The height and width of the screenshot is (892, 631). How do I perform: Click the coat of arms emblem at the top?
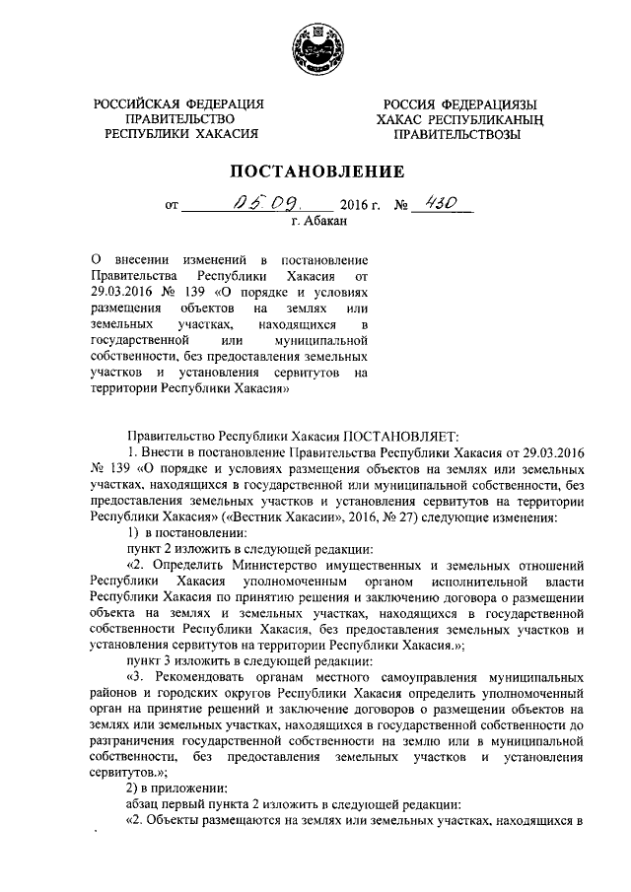316,46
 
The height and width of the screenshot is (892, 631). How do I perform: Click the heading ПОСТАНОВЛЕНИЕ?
316,172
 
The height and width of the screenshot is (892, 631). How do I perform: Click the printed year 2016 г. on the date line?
358,208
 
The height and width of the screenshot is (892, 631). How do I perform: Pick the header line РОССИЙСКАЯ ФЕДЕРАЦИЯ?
178,104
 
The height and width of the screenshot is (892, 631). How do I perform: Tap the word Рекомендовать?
197,679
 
